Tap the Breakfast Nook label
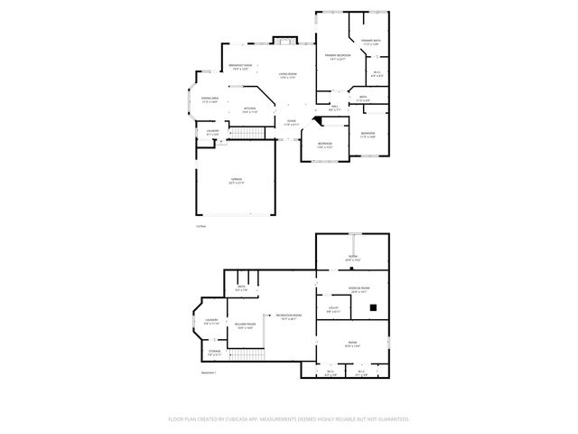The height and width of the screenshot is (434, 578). (x=239, y=67)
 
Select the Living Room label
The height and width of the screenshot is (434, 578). (x=287, y=76)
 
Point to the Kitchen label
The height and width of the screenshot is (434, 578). (x=250, y=110)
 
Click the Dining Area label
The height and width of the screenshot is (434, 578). (x=210, y=100)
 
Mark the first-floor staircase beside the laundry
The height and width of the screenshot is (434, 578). (x=248, y=134)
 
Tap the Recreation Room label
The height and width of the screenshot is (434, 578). (x=289, y=316)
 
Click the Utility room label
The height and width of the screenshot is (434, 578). (x=333, y=310)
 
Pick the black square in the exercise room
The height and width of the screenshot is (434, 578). (x=372, y=308)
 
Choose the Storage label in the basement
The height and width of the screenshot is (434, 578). (x=214, y=352)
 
